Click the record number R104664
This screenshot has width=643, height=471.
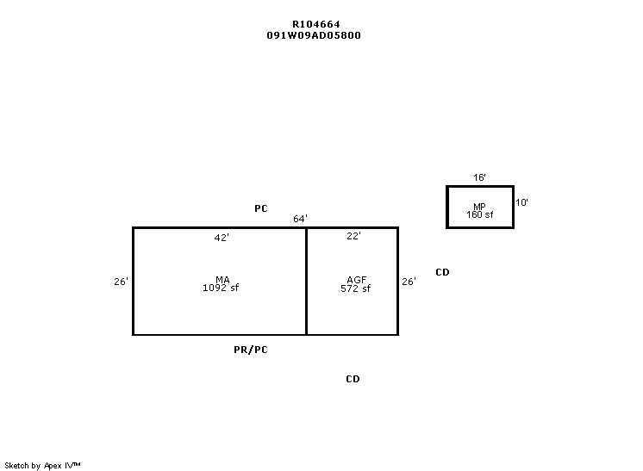click(x=315, y=25)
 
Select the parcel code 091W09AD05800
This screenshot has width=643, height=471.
click(x=314, y=35)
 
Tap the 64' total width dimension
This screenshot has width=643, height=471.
click(x=300, y=219)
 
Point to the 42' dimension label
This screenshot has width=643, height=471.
click(x=222, y=238)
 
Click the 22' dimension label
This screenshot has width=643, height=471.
click(x=353, y=236)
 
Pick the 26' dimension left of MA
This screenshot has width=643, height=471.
click(x=121, y=282)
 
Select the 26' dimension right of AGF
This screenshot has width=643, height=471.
click(x=409, y=282)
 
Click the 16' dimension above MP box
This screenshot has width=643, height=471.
click(x=479, y=177)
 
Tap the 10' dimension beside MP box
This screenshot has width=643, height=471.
click(x=521, y=202)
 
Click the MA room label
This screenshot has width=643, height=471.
click(x=222, y=279)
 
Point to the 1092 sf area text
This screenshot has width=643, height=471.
click(x=221, y=288)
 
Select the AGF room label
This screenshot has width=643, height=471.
click(x=356, y=280)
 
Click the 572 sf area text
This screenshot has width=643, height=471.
click(x=355, y=288)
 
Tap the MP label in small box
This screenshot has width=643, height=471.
click(x=479, y=207)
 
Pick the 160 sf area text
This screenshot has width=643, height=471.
click(x=480, y=214)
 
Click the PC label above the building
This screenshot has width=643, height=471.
click(x=261, y=208)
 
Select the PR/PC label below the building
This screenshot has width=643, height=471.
click(x=251, y=350)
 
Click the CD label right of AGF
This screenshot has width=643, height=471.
click(x=442, y=272)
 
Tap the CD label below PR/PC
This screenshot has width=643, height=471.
click(x=353, y=379)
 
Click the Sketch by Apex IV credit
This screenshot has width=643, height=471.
click(x=42, y=466)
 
